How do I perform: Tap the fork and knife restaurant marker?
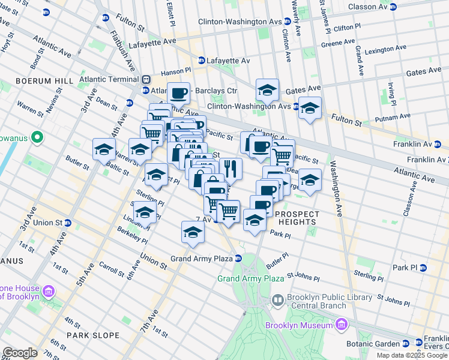pos(231,168)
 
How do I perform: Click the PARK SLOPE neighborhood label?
pos(93,335)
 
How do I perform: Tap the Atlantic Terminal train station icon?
pos(146,79)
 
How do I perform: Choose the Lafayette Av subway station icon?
pos(202,61)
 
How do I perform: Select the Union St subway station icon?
pos(68,223)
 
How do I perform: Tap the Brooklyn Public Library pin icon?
pos(277,299)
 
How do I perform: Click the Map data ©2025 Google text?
pos(412,355)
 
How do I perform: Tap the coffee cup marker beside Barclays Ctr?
pos(178,93)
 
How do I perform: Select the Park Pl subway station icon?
pos(423,268)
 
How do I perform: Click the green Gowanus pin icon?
pos(37,137)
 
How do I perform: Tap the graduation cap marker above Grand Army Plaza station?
pos(193,232)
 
